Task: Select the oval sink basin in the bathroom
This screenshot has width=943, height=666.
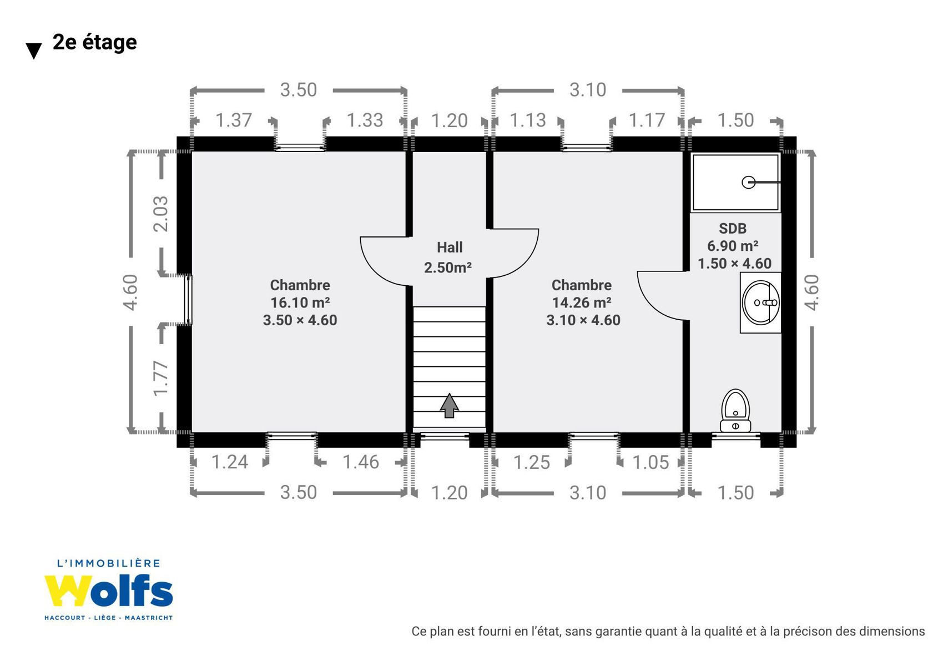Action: pos(761,302)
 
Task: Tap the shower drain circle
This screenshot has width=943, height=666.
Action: pos(748,182)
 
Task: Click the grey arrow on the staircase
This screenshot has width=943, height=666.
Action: pos(449,405)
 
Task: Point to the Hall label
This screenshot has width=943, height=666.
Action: pos(450,247)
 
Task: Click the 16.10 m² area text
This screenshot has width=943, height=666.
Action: pos(300,302)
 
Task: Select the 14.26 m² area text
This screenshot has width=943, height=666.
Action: pos(581,302)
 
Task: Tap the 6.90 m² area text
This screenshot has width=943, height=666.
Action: pos(733,245)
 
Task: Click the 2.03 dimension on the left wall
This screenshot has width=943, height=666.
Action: pos(161,214)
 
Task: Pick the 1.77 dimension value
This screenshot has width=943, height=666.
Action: pos(161,378)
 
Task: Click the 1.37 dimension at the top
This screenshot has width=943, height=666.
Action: pos(234,120)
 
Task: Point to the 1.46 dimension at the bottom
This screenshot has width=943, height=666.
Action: pos(361,462)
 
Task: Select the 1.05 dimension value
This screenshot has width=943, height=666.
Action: pos(651,463)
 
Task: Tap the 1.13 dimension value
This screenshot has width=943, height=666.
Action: pos(528,120)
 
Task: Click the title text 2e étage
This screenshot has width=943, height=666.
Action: pos(95,43)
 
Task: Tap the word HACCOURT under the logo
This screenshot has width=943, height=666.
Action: pos(65,618)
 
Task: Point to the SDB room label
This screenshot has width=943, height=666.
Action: pos(733,228)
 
